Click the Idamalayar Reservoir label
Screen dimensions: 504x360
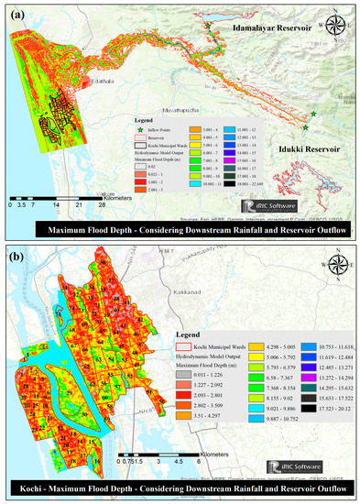[265, 29]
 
